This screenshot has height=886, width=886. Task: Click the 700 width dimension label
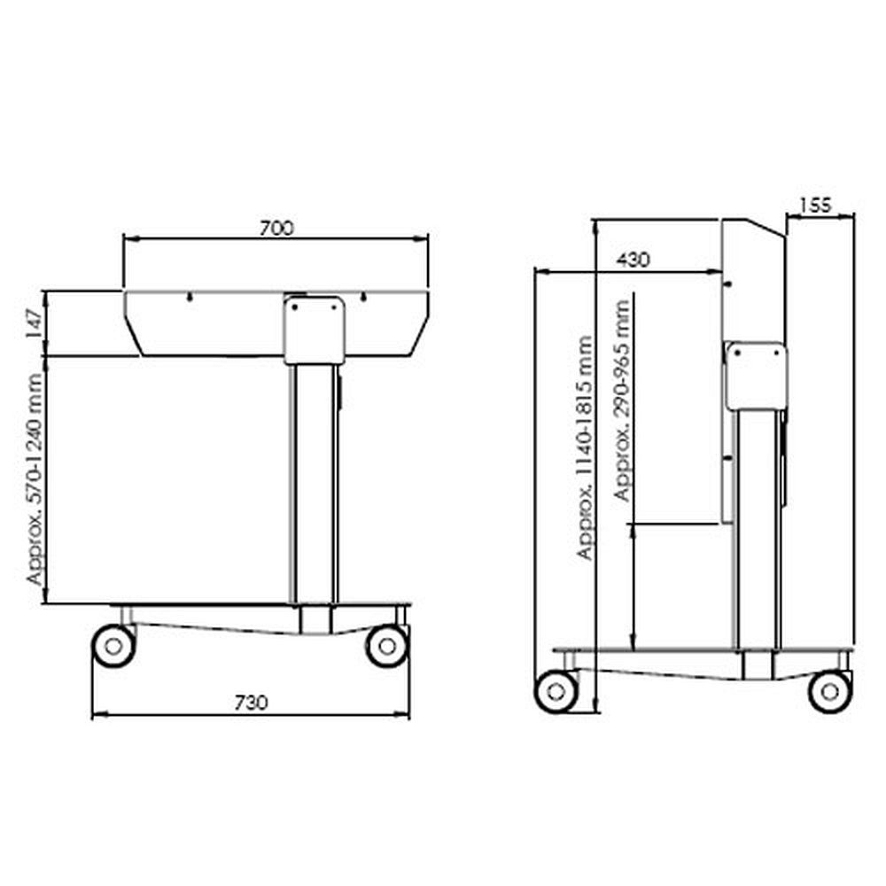point(276,229)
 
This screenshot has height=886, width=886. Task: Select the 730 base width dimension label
point(251,703)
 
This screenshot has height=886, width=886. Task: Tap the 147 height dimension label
point(34,323)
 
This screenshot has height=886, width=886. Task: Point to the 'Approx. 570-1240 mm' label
point(35,479)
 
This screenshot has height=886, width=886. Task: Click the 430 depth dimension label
point(633,260)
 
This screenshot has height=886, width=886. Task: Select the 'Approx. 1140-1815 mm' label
point(584,447)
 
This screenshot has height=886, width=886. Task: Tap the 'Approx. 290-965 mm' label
point(622,400)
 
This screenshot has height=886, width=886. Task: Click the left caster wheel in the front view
point(113,646)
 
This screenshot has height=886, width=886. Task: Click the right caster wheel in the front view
point(387,646)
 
